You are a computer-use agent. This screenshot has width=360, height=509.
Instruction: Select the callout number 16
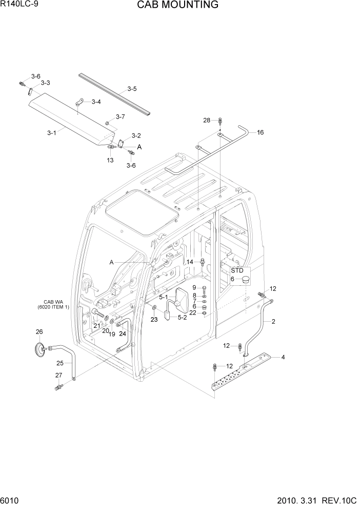click(x=261, y=132)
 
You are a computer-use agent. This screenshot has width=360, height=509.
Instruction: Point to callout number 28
click(x=207, y=121)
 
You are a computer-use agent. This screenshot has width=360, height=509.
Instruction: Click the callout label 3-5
click(x=132, y=89)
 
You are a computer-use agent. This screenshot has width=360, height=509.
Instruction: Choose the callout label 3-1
click(x=51, y=133)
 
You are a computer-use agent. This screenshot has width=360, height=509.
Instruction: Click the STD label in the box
click(x=237, y=270)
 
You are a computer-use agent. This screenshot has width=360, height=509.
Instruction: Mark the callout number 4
click(x=283, y=357)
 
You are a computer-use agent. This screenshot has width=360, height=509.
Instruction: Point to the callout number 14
click(x=190, y=262)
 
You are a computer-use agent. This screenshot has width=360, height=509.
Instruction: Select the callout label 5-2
click(x=182, y=318)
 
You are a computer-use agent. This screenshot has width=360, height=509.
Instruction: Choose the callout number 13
click(x=110, y=160)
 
